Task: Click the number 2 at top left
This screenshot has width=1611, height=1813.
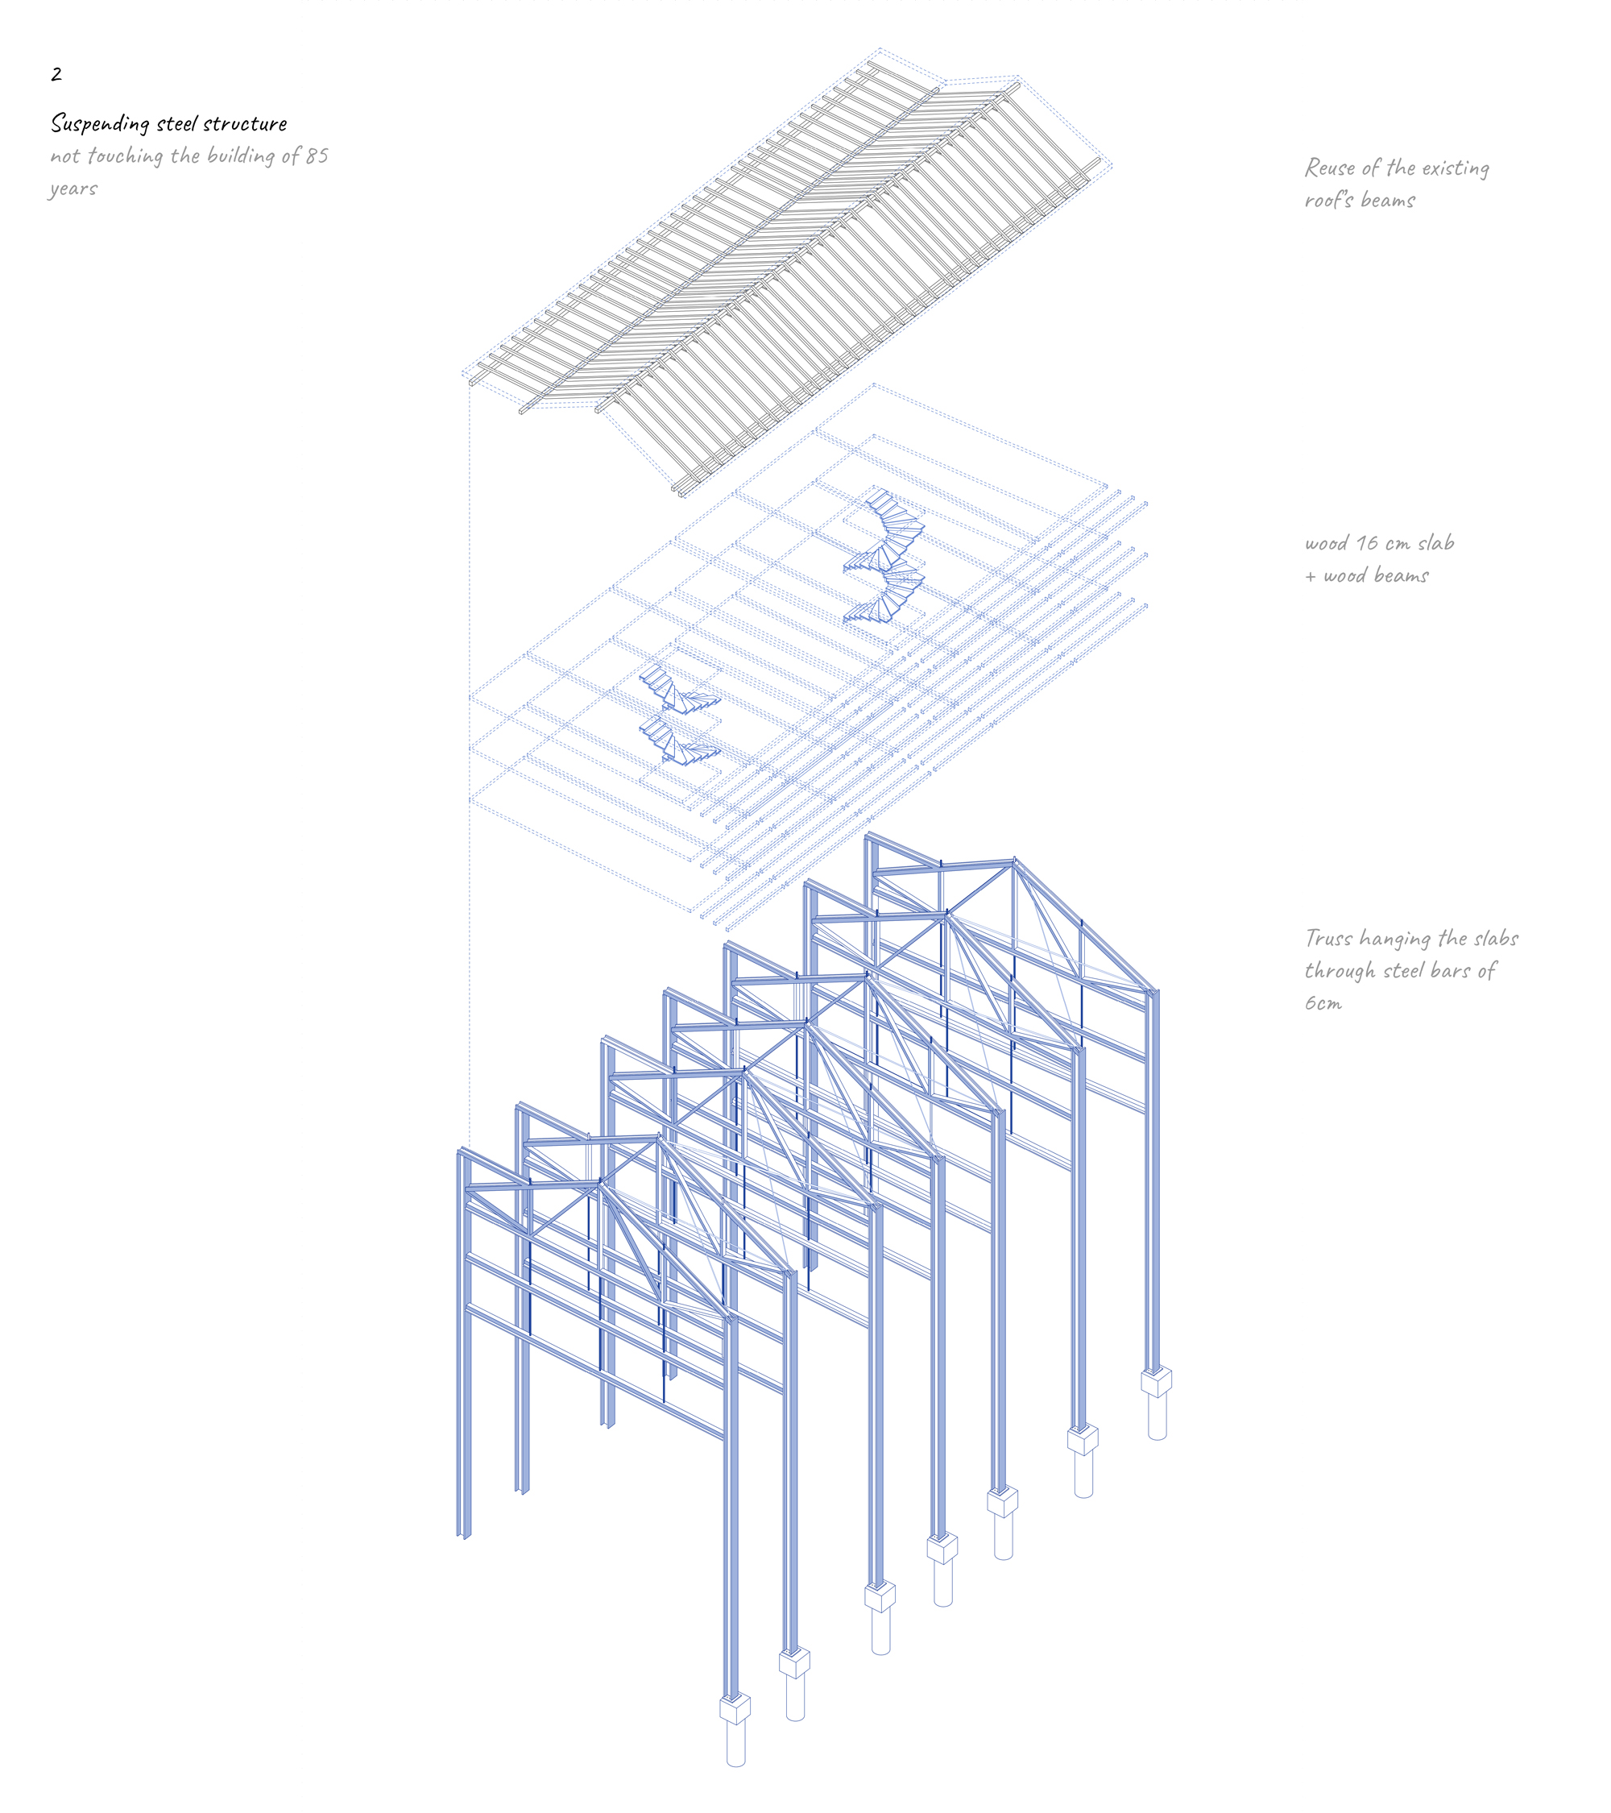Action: (56, 74)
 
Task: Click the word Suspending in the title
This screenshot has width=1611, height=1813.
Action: (100, 123)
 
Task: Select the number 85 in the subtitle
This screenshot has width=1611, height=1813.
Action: (317, 156)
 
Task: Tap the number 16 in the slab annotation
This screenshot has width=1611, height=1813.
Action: (1369, 543)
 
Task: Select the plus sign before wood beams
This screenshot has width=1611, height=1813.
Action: (1311, 578)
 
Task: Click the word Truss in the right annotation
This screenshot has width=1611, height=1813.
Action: (1329, 939)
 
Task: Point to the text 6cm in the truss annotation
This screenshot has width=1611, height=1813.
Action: (1323, 1003)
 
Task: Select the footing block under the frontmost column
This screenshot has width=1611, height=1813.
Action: (735, 1707)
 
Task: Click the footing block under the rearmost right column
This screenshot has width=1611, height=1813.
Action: (1156, 1381)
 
